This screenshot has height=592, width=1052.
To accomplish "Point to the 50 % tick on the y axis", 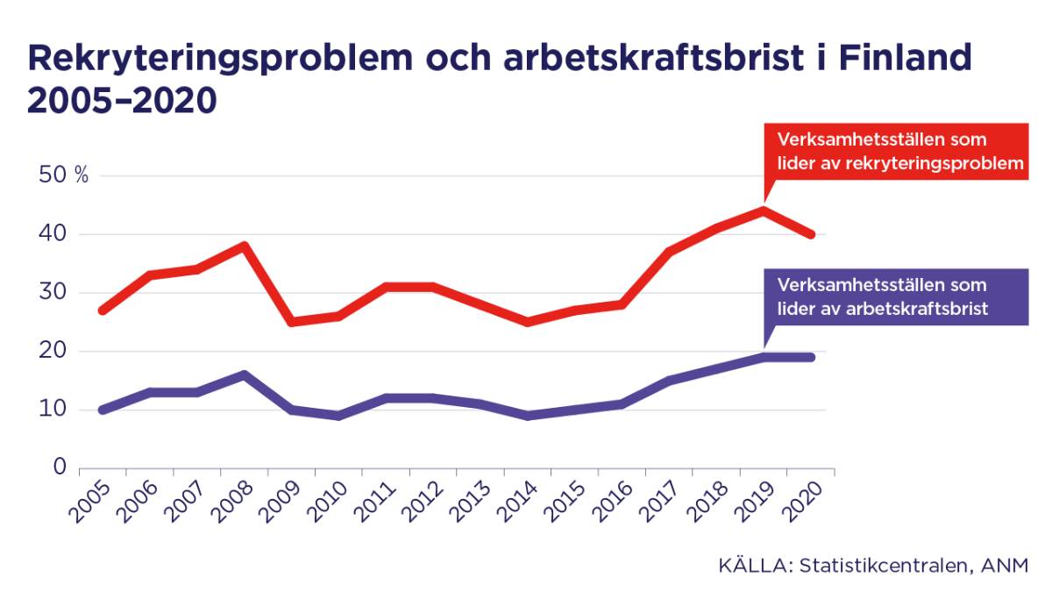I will coord(64,175).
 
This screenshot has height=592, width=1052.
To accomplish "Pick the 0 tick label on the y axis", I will coord(60,467).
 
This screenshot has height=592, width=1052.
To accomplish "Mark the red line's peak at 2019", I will coord(764,210).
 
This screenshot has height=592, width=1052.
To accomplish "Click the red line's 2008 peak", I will coord(245,246).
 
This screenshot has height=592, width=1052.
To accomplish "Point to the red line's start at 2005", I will coord(103,310).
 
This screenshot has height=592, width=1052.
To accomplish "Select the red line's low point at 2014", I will coord(528,322).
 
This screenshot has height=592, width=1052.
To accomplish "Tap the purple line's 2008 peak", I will coord(245,374).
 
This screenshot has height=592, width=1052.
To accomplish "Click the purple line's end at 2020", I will coord(811,357).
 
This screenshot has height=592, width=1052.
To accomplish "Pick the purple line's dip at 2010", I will coord(339,416).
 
